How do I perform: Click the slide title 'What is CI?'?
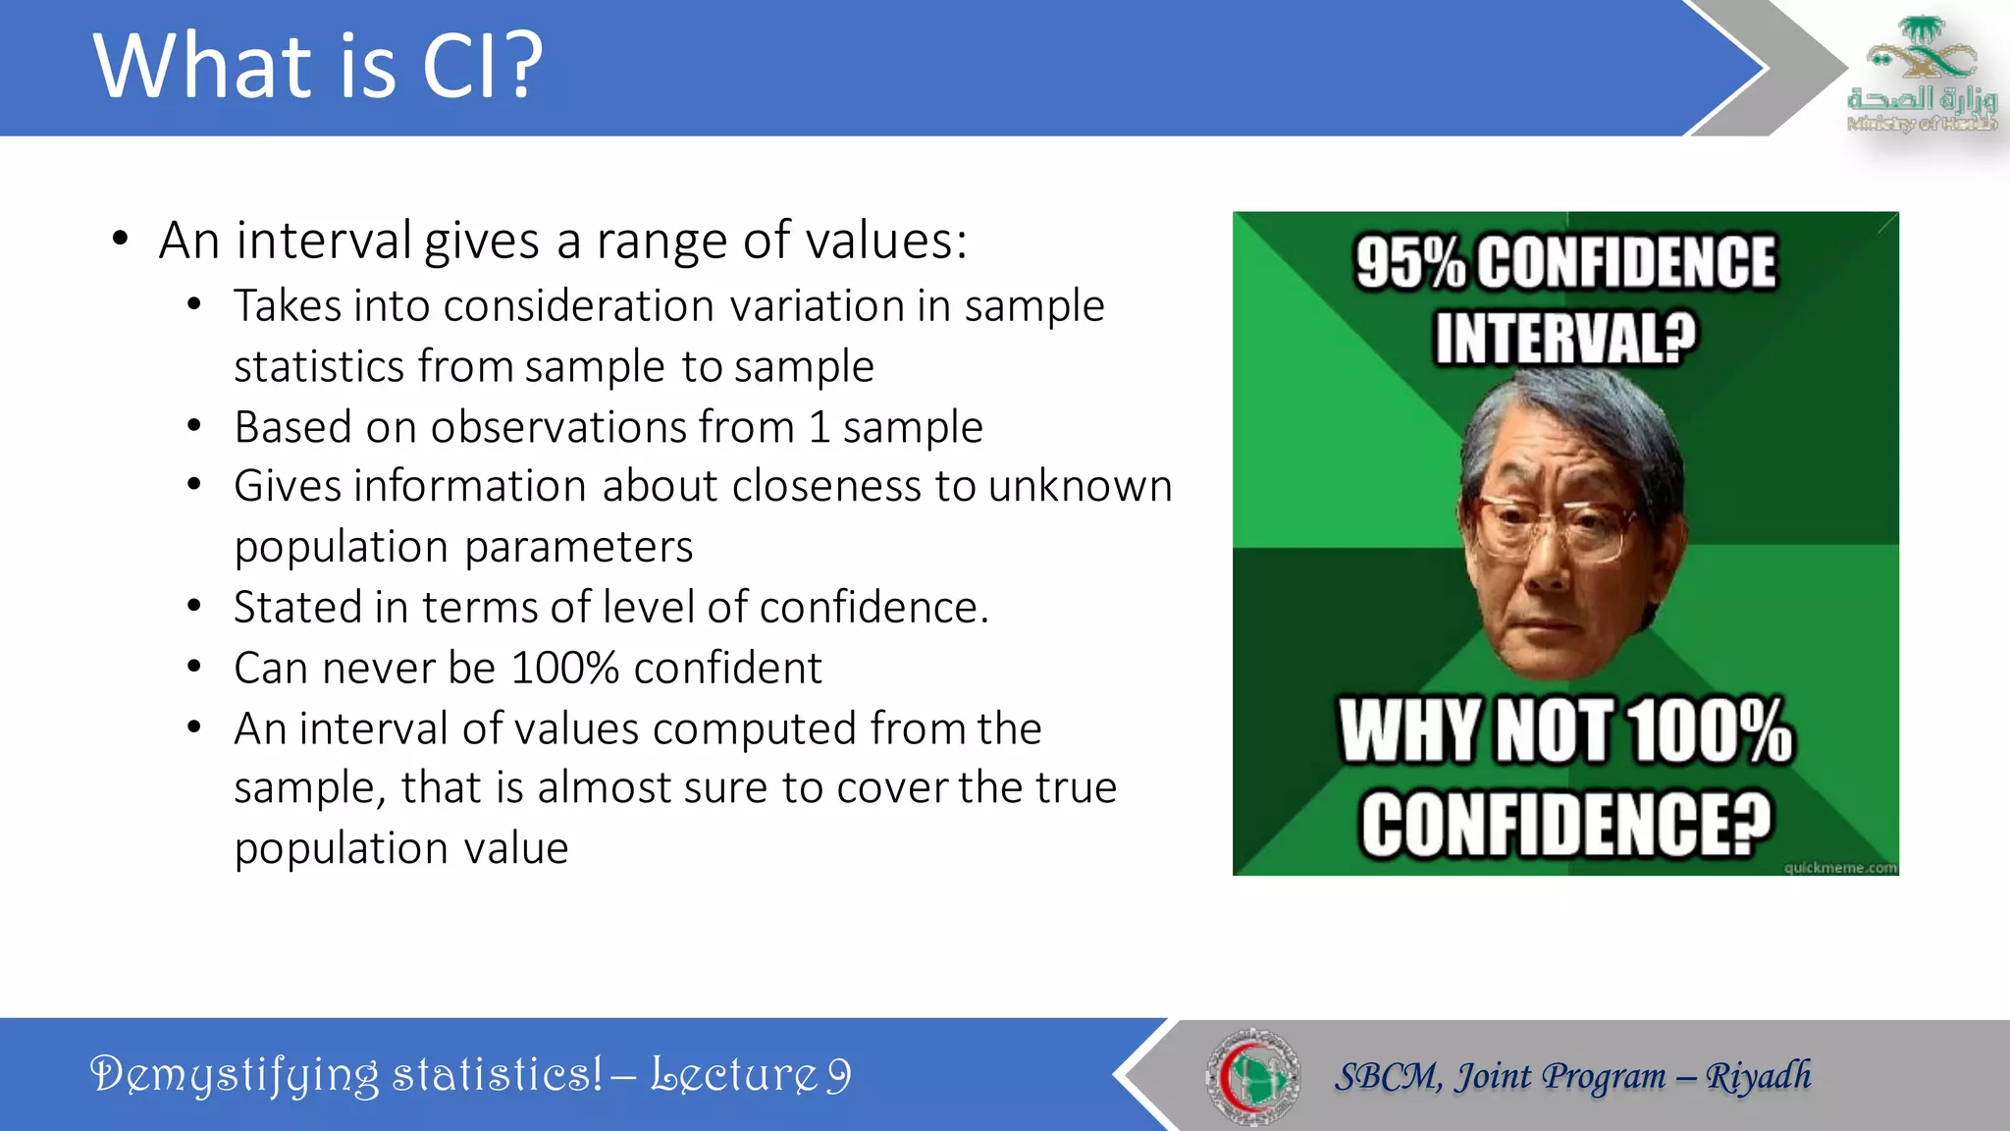pyautogui.click(x=318, y=66)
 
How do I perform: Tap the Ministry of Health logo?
pyautogui.click(x=1921, y=74)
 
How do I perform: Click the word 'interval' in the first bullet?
pyautogui.click(x=324, y=241)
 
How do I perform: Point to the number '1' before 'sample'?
pyautogui.click(x=819, y=428)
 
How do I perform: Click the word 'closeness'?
pyautogui.click(x=825, y=487)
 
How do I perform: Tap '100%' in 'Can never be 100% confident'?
pyautogui.click(x=564, y=669)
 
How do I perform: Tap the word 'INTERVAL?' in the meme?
pyautogui.click(x=1565, y=338)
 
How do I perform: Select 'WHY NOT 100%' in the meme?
pyautogui.click(x=1565, y=731)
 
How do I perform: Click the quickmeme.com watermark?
pyautogui.click(x=1839, y=867)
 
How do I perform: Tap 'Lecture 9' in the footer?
pyautogui.click(x=751, y=1075)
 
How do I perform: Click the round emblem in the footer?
pyautogui.click(x=1253, y=1076)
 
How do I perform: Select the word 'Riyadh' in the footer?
pyautogui.click(x=1758, y=1076)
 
